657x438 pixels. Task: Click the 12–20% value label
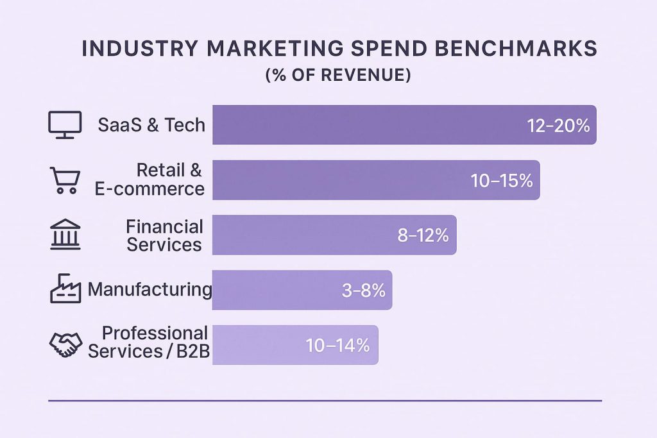[x=558, y=126]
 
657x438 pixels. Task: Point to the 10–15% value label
[x=501, y=181]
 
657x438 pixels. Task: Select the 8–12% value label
[x=422, y=235]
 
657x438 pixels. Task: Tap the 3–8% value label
[x=363, y=291]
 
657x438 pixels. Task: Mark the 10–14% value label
[x=337, y=346]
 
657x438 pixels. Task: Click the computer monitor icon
[x=65, y=124]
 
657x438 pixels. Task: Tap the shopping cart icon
[x=64, y=180]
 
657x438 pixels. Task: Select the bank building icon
[x=65, y=234]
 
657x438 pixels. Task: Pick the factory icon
[x=65, y=289]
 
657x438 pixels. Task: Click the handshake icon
[x=65, y=345]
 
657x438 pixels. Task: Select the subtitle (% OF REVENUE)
[x=337, y=75]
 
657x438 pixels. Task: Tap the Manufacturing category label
[x=149, y=290]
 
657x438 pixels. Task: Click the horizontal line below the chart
[x=325, y=401]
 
